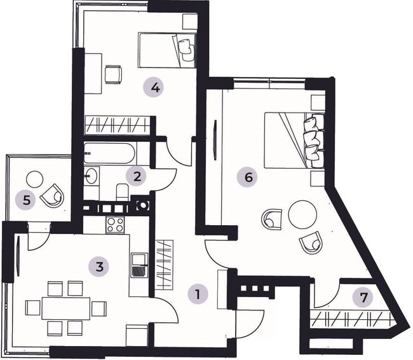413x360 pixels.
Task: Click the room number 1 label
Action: [x=198, y=294]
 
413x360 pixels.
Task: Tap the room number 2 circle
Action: [x=137, y=176]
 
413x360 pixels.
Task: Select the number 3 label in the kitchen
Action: [x=99, y=267]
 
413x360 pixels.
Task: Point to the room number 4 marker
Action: [x=154, y=87]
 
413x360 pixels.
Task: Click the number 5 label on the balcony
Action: [x=26, y=200]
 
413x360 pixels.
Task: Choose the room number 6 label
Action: [x=248, y=177]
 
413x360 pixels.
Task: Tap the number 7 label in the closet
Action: [x=363, y=298]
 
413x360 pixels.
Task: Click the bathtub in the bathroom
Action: [x=109, y=153]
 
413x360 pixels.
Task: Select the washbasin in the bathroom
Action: [x=91, y=175]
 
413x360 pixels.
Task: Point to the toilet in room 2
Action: [x=122, y=191]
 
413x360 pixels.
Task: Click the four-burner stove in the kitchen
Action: [x=115, y=225]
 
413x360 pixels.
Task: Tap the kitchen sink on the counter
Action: [x=139, y=265]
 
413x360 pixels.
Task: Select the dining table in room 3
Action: [x=66, y=308]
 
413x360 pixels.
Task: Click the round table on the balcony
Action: [x=34, y=179]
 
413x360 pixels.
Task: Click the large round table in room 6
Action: [x=302, y=214]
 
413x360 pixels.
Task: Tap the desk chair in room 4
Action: [x=113, y=74]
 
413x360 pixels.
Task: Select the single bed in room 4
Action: [x=167, y=50]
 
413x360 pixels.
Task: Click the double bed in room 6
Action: [x=294, y=140]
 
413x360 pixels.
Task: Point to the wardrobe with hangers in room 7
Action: [x=351, y=320]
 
